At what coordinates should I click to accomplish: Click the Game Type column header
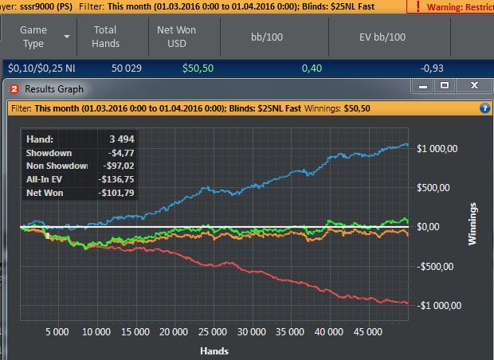tap(33, 37)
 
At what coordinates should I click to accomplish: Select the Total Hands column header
tap(105, 37)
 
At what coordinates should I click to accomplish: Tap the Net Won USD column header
tap(175, 37)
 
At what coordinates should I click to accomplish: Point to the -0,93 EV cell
tap(432, 68)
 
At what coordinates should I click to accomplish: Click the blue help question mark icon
tap(484, 108)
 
